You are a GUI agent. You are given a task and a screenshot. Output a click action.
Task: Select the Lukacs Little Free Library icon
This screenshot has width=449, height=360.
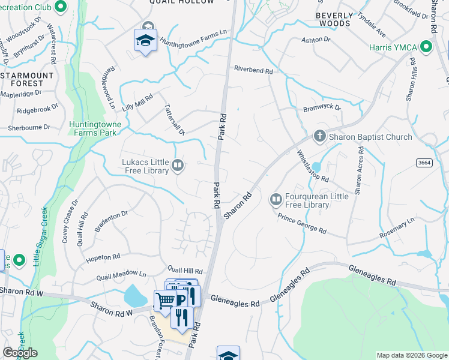178,165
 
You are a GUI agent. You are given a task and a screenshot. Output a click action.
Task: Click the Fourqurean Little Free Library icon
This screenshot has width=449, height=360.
276,199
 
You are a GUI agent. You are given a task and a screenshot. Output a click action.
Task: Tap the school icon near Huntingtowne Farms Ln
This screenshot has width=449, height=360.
145,41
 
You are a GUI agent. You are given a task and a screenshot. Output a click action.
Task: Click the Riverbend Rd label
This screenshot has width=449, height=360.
253,70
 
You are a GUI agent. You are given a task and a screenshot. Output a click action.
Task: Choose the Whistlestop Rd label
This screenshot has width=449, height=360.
313,166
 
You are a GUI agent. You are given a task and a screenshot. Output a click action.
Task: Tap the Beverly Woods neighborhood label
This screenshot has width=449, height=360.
333,18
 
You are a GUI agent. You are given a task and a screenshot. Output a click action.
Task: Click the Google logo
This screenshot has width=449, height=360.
20,353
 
